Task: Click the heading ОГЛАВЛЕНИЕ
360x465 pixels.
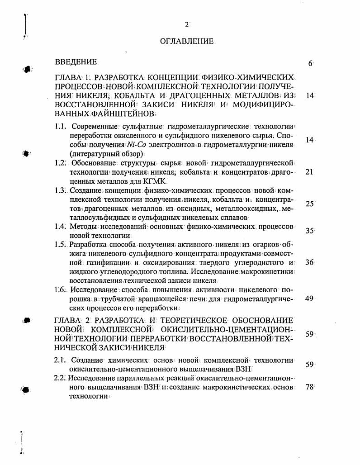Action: [186, 41]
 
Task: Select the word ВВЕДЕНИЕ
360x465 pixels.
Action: [76, 62]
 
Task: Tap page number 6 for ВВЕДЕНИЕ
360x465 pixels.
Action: [310, 64]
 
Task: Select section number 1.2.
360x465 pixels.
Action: [61, 163]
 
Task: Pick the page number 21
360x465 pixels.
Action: [309, 172]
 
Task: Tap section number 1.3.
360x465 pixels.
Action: [61, 190]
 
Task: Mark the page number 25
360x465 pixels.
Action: [309, 204]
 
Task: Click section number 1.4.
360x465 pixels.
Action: [61, 227]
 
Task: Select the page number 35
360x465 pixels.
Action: [309, 231]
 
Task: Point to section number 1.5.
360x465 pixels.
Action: [61, 245]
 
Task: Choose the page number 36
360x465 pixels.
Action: [309, 262]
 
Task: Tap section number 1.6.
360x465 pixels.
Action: [61, 289]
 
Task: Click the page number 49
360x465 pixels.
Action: [309, 299]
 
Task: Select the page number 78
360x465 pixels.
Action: [309, 387]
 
